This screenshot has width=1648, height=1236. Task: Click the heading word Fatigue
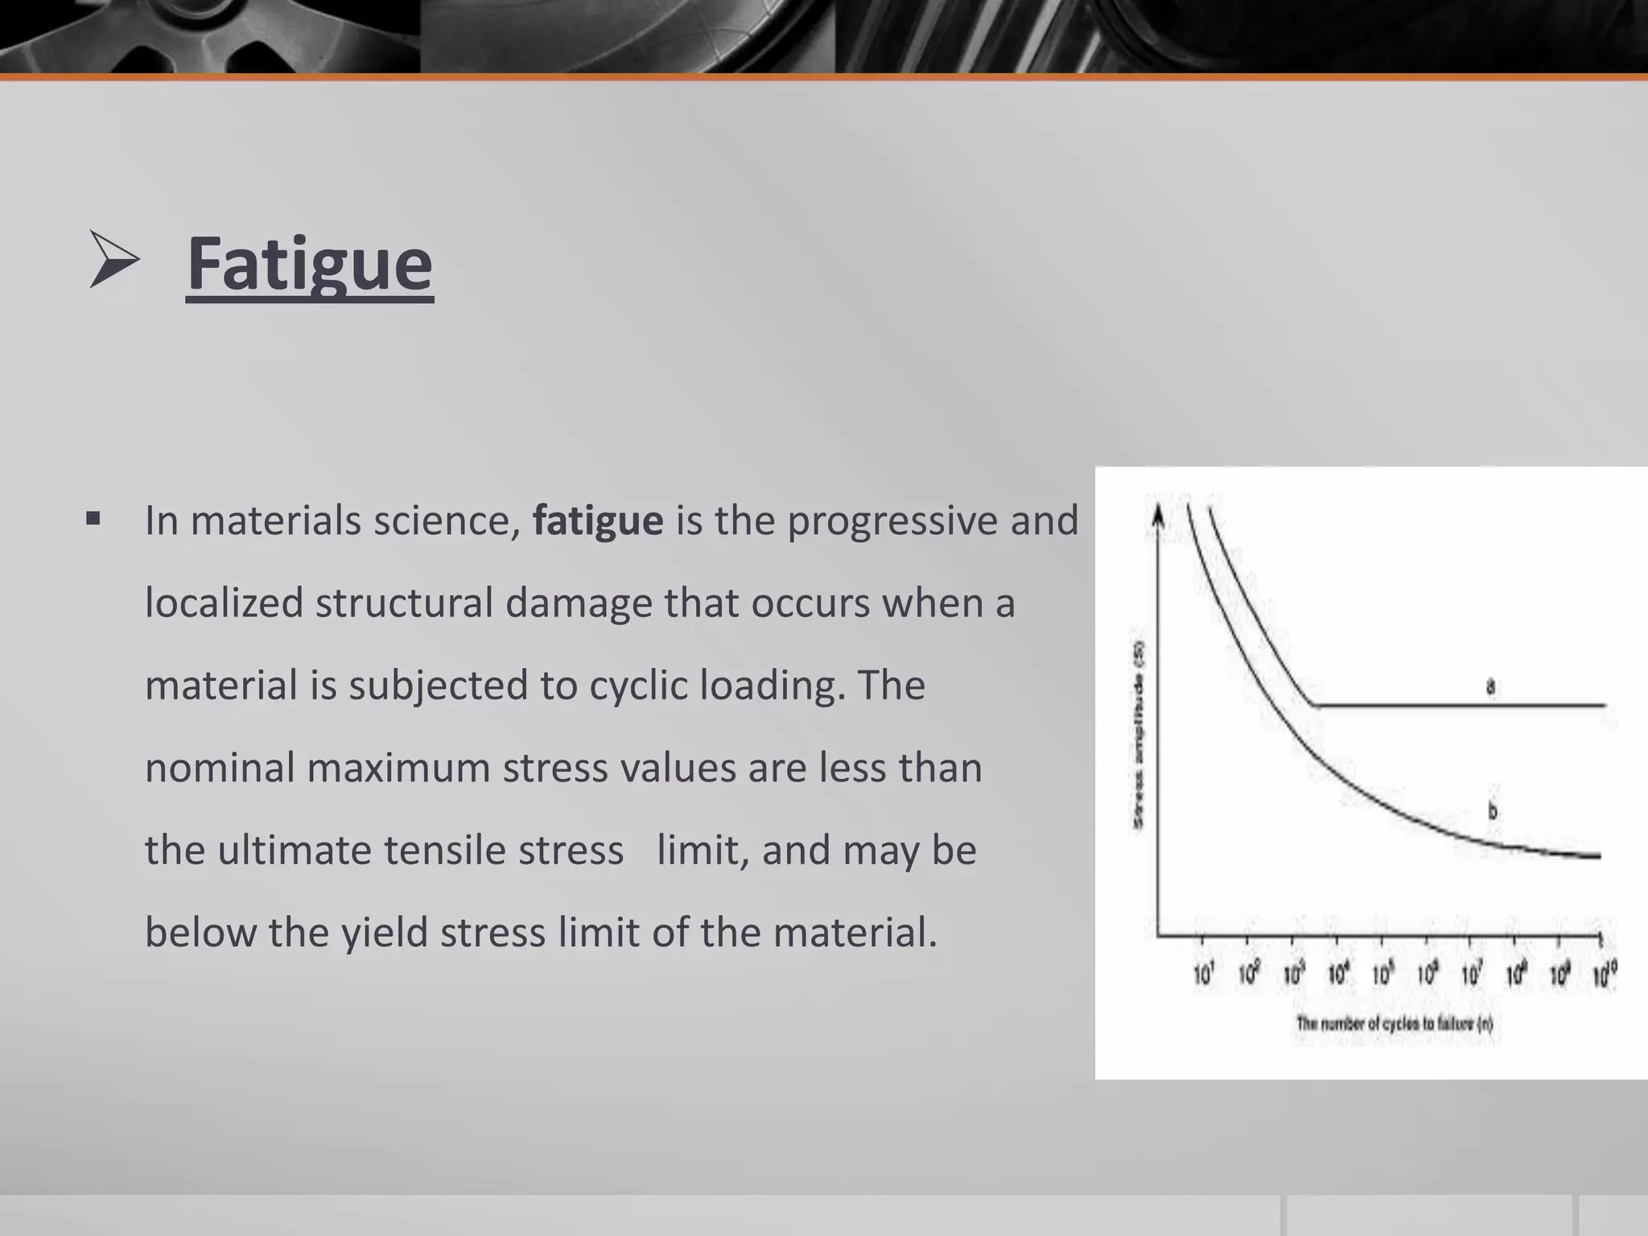tap(310, 264)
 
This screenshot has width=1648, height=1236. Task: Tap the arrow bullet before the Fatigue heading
tap(113, 259)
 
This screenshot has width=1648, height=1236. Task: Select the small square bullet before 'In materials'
tap(93, 519)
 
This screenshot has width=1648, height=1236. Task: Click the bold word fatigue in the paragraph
tap(598, 521)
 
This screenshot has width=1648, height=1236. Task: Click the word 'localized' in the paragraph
tap(224, 604)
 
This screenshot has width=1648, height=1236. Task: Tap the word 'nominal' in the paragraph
tap(220, 768)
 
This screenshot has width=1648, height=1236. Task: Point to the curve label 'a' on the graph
tap(1490, 687)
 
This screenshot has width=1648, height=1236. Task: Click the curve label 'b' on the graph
tap(1493, 811)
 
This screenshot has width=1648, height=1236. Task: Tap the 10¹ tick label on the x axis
tap(1203, 975)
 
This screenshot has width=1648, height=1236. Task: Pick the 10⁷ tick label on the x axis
tap(1472, 975)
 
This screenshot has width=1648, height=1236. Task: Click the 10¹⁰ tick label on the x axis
tap(1605, 975)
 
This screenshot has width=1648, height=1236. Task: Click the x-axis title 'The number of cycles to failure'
tap(1395, 1024)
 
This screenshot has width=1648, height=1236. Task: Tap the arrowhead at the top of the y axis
tap(1158, 513)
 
